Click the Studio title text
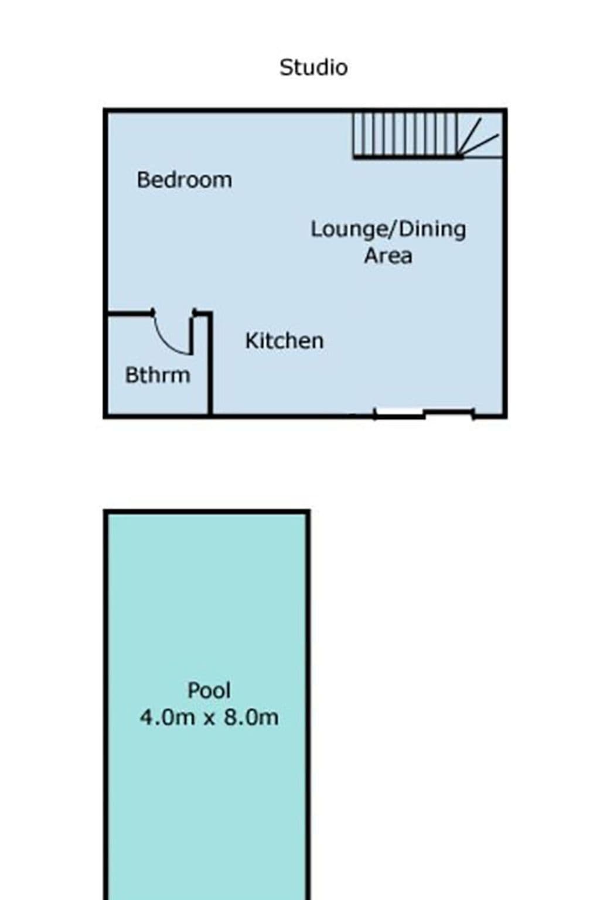313,67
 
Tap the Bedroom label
185,180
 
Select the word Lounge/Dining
388,230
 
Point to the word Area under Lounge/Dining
388,256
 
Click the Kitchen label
285,340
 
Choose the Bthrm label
158,375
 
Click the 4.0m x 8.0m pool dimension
209,718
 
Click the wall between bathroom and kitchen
209,364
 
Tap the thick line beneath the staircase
408,157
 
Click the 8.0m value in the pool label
251,718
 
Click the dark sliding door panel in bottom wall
449,411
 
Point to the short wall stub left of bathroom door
131,312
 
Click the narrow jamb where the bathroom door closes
192,333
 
